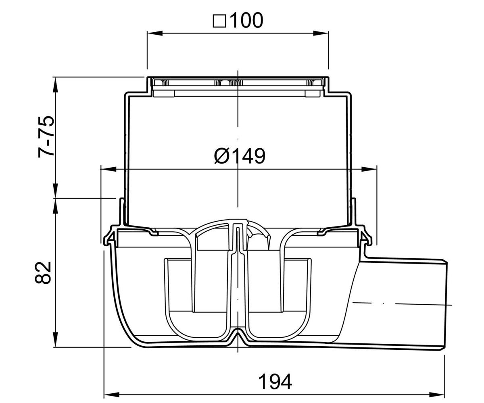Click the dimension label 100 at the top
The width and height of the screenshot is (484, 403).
click(247, 20)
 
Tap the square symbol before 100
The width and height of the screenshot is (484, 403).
click(219, 21)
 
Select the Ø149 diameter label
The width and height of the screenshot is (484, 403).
click(240, 156)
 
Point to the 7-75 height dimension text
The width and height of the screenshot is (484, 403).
click(46, 137)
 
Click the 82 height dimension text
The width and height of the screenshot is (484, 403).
click(43, 272)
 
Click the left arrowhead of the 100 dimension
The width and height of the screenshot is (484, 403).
click(155, 33)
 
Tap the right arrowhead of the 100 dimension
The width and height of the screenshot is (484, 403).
click(321, 33)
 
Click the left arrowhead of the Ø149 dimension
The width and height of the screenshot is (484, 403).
click(108, 169)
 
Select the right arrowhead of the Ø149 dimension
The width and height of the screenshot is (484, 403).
click(369, 169)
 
